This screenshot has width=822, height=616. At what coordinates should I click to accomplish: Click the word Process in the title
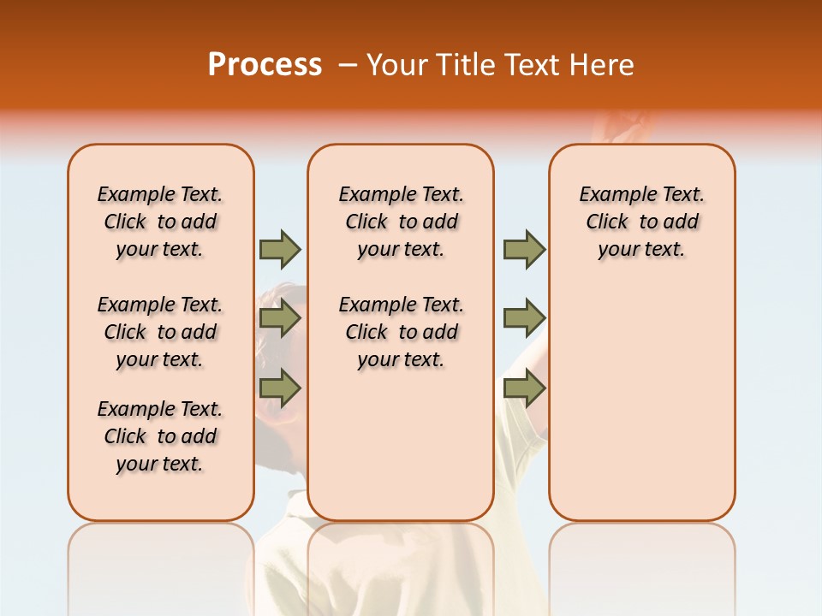(265, 65)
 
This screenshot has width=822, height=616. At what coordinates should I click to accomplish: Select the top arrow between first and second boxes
(280, 250)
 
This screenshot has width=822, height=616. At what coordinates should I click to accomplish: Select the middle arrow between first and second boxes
(280, 319)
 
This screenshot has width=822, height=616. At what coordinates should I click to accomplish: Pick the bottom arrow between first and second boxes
(280, 388)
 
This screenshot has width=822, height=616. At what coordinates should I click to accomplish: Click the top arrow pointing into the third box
(524, 250)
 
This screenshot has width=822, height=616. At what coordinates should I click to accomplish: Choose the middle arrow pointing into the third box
(524, 319)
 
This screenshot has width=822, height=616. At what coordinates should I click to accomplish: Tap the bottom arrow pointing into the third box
(524, 388)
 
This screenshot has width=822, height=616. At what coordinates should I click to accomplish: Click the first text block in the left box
(160, 222)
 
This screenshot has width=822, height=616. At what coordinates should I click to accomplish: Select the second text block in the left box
(160, 332)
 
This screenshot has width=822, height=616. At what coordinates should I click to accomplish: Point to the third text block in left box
(160, 436)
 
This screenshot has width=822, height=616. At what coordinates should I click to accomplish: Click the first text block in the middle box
(401, 222)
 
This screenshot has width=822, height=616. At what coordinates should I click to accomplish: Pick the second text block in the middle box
(401, 332)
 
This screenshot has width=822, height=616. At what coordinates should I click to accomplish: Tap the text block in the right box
(641, 222)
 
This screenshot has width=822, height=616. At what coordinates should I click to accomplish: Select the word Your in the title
(397, 65)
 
